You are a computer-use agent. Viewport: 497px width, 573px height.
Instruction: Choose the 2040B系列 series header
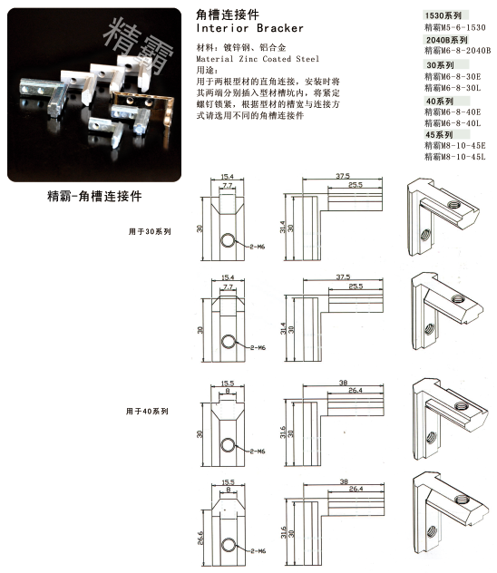point(445,41)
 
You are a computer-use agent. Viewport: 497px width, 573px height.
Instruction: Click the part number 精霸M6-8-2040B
point(456,51)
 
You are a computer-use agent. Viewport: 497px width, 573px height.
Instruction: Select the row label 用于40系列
point(147,411)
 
